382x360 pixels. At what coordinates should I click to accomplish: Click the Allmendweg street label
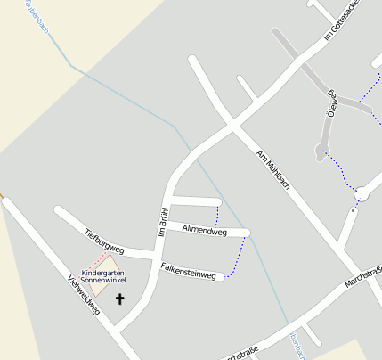pyautogui.click(x=204, y=231)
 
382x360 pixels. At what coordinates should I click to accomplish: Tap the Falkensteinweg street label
pyautogui.click(x=189, y=271)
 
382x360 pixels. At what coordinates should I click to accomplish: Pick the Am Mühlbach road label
pyautogui.click(x=273, y=170)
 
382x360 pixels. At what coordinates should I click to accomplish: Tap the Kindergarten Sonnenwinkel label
pyautogui.click(x=102, y=276)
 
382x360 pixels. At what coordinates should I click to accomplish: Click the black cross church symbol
pyautogui.click(x=120, y=299)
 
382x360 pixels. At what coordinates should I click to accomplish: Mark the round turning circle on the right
pyautogui.click(x=362, y=193)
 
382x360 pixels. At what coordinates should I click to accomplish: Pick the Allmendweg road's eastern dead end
pyautogui.click(x=247, y=233)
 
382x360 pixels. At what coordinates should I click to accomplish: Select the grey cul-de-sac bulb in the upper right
pyautogui.click(x=320, y=153)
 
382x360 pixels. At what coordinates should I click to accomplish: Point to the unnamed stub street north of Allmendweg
pyautogui.click(x=196, y=200)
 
